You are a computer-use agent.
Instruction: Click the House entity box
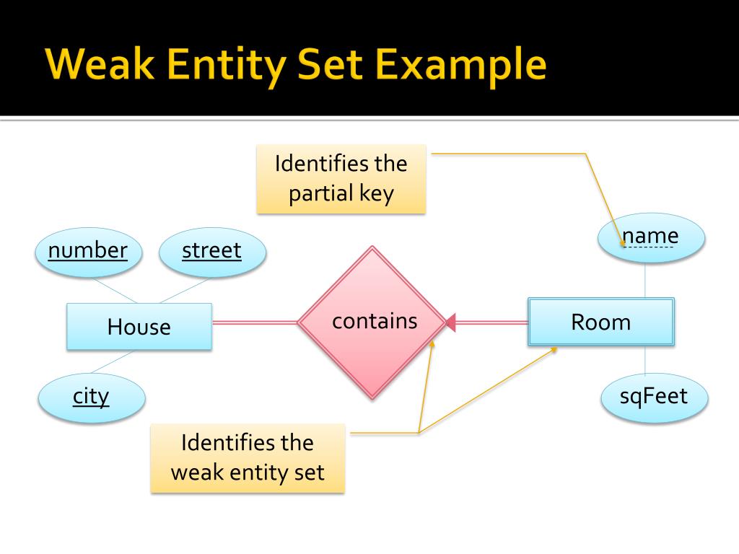pyautogui.click(x=139, y=327)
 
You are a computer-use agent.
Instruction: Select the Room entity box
pyautogui.click(x=600, y=322)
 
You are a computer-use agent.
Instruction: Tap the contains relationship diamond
pyautogui.click(x=372, y=322)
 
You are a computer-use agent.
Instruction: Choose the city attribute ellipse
pyautogui.click(x=91, y=396)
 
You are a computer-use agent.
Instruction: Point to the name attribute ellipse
pyautogui.click(x=650, y=237)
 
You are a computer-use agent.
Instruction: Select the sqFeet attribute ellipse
pyautogui.click(x=654, y=396)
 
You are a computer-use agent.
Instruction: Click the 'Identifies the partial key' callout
pyautogui.click(x=341, y=179)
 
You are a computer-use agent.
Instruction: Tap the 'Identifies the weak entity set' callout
pyautogui.click(x=248, y=458)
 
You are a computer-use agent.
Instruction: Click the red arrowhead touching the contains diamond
pyautogui.click(x=451, y=322)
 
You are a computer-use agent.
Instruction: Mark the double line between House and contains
pyautogui.click(x=255, y=322)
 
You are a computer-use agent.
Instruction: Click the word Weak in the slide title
pyautogui.click(x=97, y=66)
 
